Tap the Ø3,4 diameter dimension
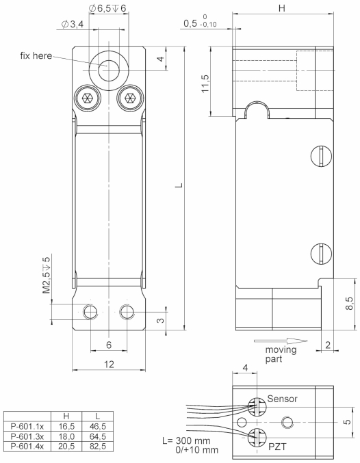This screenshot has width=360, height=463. point(72,25)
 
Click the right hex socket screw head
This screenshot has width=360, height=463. point(127,98)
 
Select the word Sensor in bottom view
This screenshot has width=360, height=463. point(283,398)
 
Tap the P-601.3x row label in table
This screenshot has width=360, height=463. point(26,435)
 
